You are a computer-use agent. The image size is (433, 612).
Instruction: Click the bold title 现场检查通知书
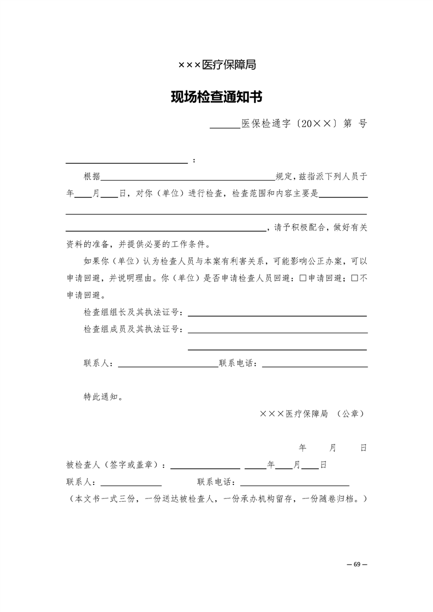(217, 98)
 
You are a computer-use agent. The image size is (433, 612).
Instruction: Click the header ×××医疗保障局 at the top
(217, 65)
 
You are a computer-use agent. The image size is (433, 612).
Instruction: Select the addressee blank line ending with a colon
(127, 161)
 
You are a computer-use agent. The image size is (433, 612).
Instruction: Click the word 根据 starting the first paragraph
(92, 177)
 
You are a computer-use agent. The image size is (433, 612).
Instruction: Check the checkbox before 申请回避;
(303, 278)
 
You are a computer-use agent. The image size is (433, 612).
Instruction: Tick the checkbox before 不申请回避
(354, 278)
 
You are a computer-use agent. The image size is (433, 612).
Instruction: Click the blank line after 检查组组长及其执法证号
(277, 315)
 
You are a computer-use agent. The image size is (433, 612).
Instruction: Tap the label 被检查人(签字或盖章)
(116, 465)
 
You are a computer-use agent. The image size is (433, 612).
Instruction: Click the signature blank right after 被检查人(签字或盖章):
(205, 467)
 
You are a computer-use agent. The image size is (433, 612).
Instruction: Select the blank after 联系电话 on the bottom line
(294, 484)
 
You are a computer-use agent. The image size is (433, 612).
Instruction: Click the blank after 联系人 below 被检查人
(131, 484)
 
